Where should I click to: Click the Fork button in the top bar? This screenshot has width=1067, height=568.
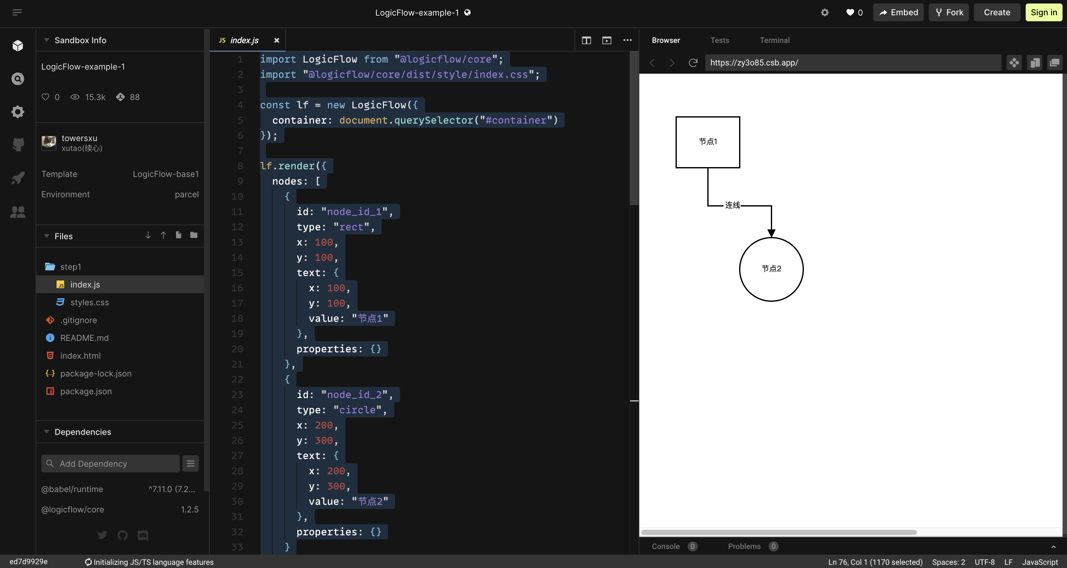tap(948, 12)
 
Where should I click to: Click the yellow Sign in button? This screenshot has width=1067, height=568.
tap(1044, 12)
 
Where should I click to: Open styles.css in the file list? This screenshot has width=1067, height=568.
tap(90, 302)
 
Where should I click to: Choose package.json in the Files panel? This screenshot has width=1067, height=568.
tap(86, 391)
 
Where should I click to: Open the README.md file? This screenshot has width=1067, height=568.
tap(84, 338)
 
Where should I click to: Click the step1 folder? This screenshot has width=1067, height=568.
tap(71, 267)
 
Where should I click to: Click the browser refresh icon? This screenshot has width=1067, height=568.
tap(693, 63)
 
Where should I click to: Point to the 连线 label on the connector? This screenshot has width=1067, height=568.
tap(732, 205)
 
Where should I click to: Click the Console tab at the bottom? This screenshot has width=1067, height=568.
tap(666, 546)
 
